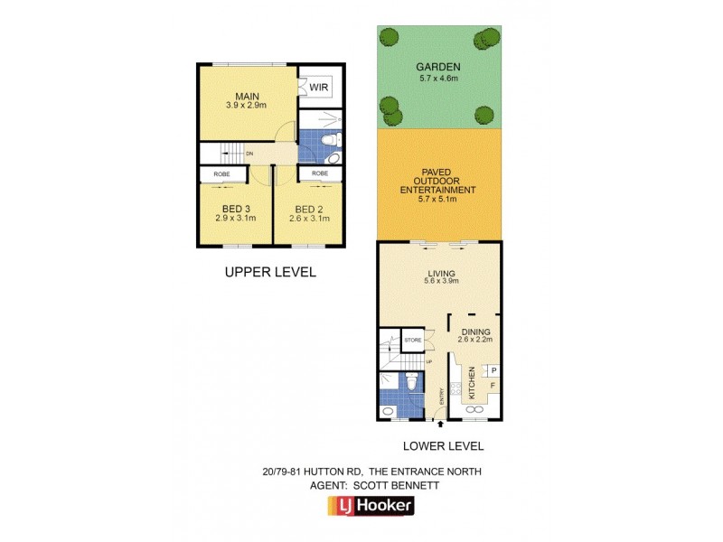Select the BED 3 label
234,209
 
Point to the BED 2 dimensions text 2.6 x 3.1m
309,219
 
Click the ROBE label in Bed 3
221,173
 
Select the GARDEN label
438,67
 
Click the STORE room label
412,340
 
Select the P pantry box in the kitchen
494,370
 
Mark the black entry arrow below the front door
440,423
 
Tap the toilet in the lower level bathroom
410,386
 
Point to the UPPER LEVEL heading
270,272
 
